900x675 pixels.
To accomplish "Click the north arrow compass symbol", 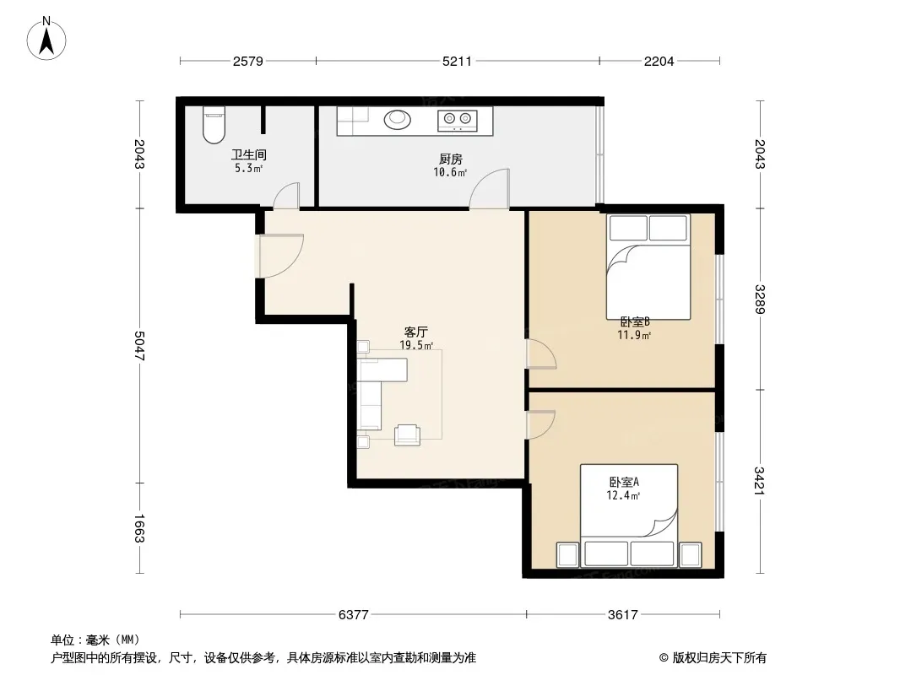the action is pos(46,39).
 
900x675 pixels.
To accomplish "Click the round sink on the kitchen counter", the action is pos(397,119).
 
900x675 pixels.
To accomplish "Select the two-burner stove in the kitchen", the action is pos(458,120).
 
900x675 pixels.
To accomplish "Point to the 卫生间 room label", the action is pos(248,154).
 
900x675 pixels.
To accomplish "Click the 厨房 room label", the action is pos(450,159).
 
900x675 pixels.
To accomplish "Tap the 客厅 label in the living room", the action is pos(415,332).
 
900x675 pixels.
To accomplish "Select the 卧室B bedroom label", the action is pos(634,321).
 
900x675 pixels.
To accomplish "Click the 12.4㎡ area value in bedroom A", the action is pos(623,495).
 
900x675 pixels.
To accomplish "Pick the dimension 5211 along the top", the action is pos(457,61).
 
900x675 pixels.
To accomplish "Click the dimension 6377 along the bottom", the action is pos(353,615).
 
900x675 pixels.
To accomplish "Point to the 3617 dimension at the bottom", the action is pos(623,615).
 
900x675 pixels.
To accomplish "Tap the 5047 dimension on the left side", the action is pos(139,346).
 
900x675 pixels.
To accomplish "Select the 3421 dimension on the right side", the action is pos(759,481).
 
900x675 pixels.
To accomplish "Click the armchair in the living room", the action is pos(407,435).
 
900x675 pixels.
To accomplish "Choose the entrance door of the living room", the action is pos(281,256).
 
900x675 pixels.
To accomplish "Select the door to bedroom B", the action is pos(541,354).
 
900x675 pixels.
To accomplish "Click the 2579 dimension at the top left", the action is pos(248,61).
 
